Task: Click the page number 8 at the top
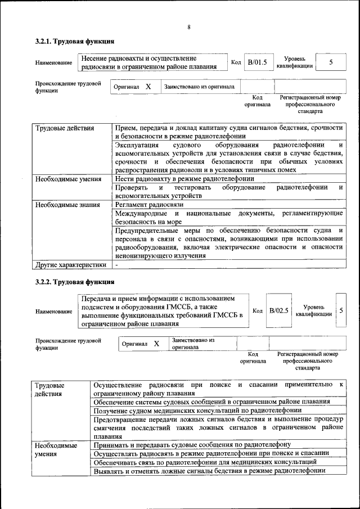[189, 27]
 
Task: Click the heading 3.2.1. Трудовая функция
[75, 41]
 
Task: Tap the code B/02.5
[278, 310]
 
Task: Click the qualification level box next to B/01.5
[331, 62]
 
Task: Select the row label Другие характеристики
[71, 264]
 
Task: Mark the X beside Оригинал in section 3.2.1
[148, 87]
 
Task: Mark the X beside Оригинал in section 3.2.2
[157, 344]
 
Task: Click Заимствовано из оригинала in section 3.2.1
[199, 87]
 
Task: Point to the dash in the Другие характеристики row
[116, 264]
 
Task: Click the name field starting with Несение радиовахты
[149, 62]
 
